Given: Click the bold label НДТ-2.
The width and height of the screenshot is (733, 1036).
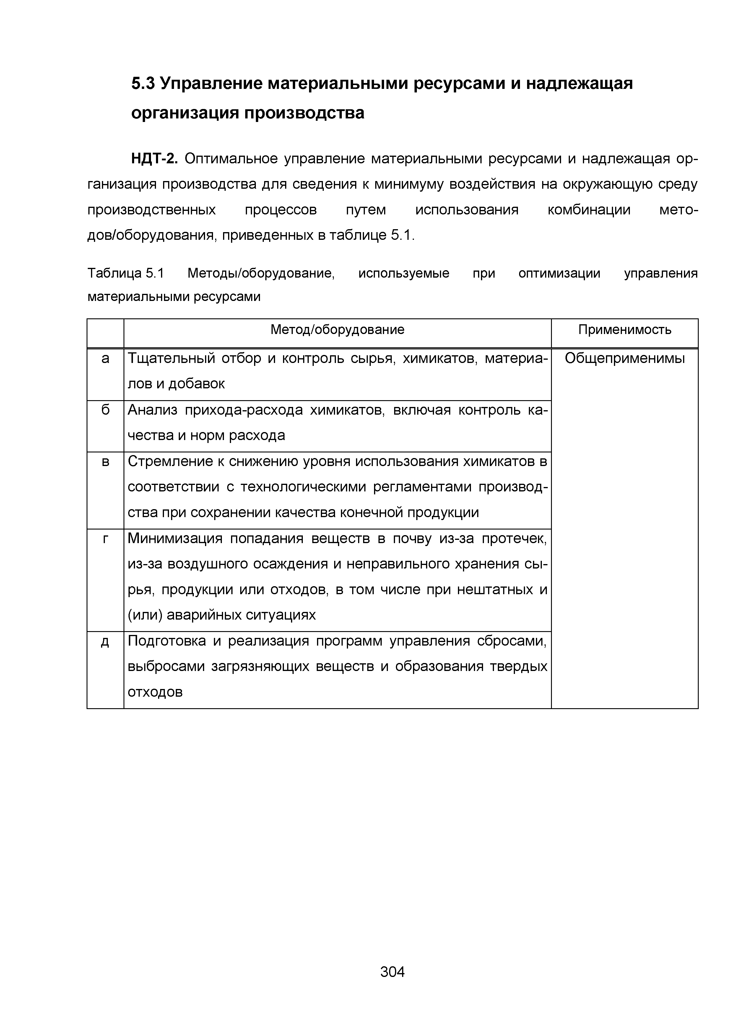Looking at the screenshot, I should click(x=155, y=159).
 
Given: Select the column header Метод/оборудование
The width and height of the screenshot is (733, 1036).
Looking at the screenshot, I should click(x=337, y=330).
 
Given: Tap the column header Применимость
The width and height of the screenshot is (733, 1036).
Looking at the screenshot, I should click(x=625, y=330).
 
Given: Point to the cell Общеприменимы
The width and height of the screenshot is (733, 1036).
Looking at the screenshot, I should click(x=625, y=358).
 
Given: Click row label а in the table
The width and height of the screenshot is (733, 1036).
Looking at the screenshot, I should click(x=105, y=358).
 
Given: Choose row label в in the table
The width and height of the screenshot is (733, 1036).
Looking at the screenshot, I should click(x=105, y=462).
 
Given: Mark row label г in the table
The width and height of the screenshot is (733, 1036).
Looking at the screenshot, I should click(x=105, y=538).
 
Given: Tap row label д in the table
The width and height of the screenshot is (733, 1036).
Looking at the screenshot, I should click(x=105, y=641).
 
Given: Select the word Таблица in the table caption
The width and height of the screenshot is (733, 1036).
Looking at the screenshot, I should click(x=115, y=273).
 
